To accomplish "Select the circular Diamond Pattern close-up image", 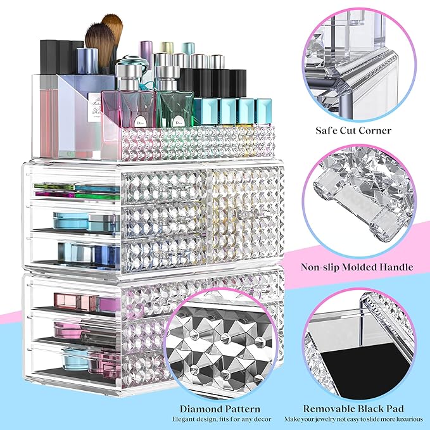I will coord(220,346).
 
